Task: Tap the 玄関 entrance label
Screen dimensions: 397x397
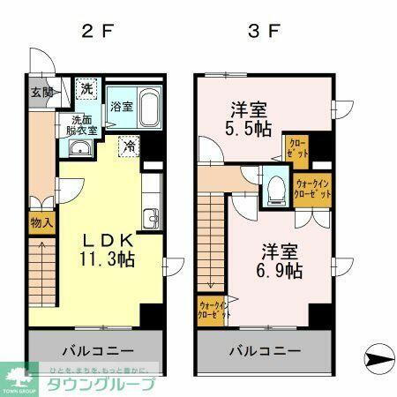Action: tap(41, 92)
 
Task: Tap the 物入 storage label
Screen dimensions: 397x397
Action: tap(41, 223)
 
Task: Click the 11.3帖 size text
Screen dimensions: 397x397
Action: tap(109, 260)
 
